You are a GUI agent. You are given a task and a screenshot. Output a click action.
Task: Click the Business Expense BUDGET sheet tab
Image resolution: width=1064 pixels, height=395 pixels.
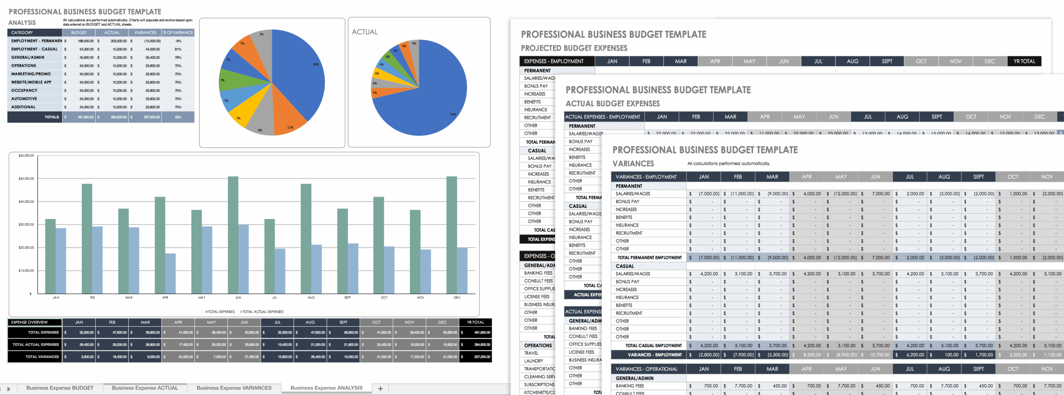coord(60,388)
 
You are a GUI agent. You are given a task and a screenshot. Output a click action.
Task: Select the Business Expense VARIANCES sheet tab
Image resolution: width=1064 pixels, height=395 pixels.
coord(234,388)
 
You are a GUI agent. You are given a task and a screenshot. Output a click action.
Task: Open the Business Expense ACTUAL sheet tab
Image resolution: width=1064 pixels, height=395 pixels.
coord(145,388)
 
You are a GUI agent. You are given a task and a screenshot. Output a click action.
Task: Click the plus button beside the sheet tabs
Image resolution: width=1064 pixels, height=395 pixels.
coord(380,388)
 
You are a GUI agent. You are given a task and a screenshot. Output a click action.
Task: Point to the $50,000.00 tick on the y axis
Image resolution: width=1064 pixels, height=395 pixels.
coord(26,179)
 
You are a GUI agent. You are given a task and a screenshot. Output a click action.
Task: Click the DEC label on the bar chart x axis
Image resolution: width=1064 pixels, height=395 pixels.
coord(457,298)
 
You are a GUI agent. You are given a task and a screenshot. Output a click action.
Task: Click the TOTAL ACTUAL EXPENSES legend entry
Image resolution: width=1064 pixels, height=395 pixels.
coord(262,312)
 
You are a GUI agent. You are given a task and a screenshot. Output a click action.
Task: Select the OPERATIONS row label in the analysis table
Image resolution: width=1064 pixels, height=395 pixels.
coord(24,66)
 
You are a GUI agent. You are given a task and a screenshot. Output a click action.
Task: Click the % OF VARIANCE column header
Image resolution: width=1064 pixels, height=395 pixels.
coord(178,32)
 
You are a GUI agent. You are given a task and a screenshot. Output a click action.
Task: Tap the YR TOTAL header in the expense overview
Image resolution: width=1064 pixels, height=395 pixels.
coord(475,322)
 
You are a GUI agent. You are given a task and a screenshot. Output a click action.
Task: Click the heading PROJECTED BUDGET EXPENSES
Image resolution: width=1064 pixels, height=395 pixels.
coord(574,48)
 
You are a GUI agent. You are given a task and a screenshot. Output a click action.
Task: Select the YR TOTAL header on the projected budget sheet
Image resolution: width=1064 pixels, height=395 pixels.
coord(1024,61)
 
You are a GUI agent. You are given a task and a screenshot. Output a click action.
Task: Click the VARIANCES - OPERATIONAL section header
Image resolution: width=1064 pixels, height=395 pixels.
coord(646,369)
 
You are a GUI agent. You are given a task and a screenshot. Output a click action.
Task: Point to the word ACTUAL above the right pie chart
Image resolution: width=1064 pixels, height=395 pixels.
coord(365,32)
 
